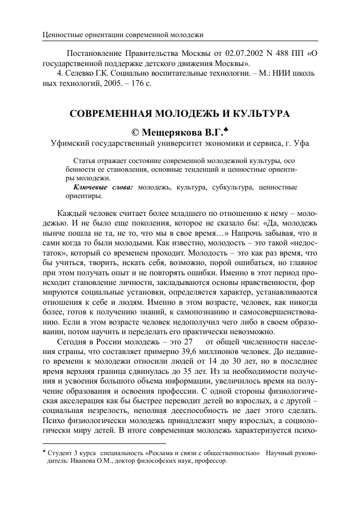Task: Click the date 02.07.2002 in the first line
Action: tap(215, 54)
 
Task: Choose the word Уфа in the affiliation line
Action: tap(301, 144)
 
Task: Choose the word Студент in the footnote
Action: tap(60, 453)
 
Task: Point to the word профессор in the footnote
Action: tap(211, 462)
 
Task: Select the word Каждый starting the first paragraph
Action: tap(72, 212)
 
